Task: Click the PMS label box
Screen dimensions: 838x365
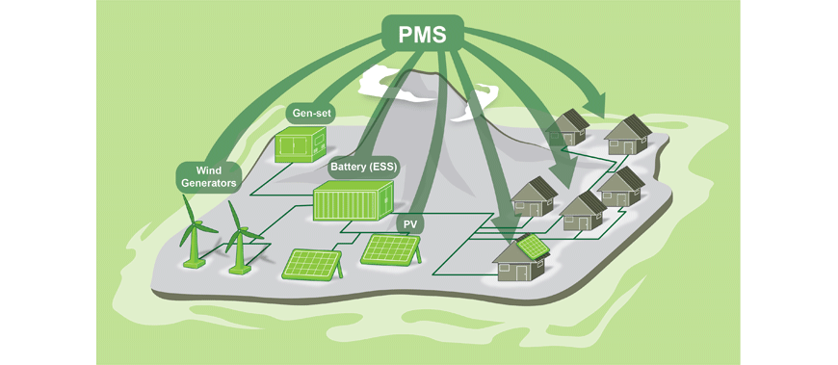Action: click(423, 33)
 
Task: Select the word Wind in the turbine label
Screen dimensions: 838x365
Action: click(208, 171)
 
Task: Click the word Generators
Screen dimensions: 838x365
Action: click(208, 183)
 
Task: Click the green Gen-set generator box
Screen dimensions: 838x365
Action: click(301, 143)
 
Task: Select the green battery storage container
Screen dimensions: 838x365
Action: click(353, 200)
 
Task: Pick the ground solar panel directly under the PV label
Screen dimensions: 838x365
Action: click(391, 249)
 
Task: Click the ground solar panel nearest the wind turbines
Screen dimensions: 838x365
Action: click(312, 264)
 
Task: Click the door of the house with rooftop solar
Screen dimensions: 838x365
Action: click(524, 272)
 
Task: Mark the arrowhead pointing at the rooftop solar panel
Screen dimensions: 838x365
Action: click(509, 235)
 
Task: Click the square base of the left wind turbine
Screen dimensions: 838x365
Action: click(194, 264)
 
